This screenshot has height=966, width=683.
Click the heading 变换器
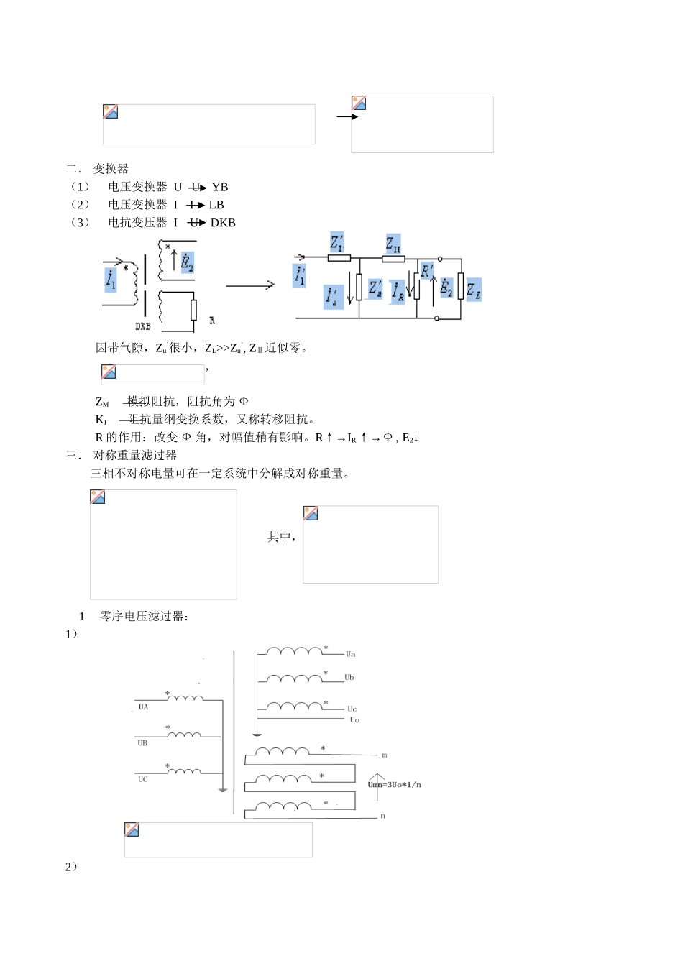coord(111,169)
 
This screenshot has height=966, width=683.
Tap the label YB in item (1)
coord(220,187)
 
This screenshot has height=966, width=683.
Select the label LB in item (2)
coord(216,205)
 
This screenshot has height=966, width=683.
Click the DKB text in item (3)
coord(223,223)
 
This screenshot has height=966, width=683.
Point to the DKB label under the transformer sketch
coord(143,326)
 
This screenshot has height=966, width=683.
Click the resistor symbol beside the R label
coord(193,310)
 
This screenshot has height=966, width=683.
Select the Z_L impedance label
coord(474,290)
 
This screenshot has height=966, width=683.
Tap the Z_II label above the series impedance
coord(393,244)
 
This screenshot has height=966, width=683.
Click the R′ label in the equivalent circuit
coord(427,271)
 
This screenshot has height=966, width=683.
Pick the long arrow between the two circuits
coord(250,285)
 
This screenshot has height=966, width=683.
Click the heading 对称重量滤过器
coord(135,455)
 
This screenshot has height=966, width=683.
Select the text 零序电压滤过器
coord(144,616)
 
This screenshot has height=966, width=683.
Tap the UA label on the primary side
coord(144,707)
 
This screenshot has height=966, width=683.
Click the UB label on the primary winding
coord(142,743)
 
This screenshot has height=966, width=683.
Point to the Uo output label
coord(354,719)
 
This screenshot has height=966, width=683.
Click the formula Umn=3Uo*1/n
coord(395,784)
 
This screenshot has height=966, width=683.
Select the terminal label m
coord(385,755)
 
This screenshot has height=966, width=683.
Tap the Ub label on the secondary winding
coord(349,677)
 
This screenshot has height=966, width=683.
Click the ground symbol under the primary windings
coord(223,789)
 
